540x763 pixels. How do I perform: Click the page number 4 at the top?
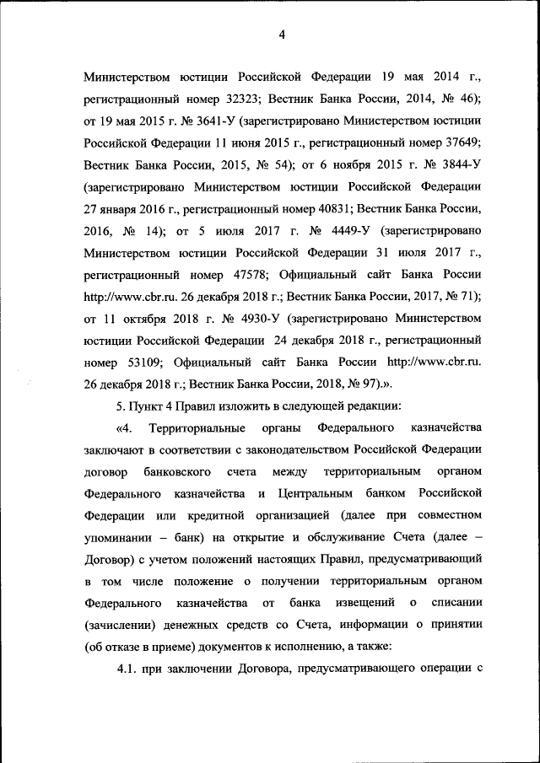(282, 35)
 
